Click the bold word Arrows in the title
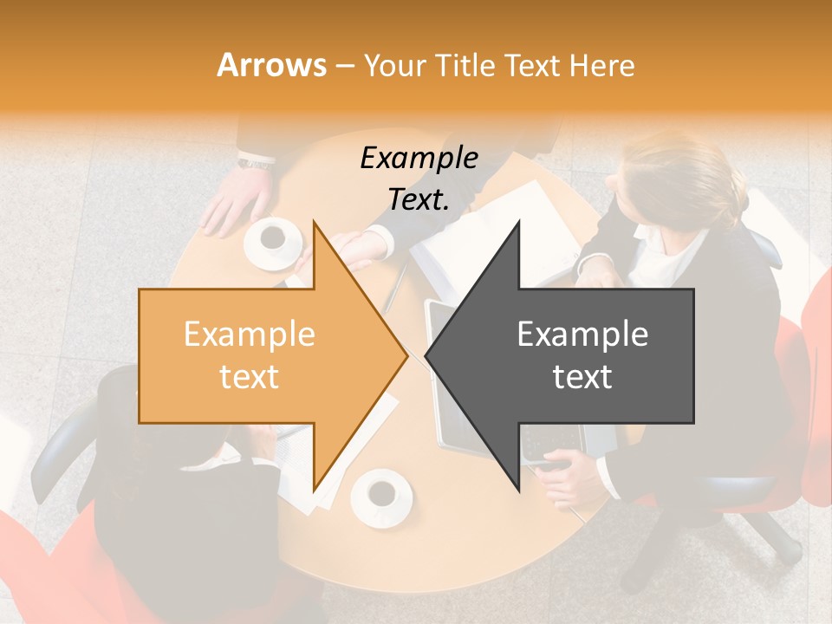(272, 65)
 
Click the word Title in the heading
(466, 65)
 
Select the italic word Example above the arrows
(419, 158)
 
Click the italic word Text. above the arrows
(419, 199)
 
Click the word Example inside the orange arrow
(250, 334)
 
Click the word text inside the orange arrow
(250, 376)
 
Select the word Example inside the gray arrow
(582, 334)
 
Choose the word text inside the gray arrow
(582, 376)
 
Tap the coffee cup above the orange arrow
(273, 241)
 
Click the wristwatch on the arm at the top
(257, 161)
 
